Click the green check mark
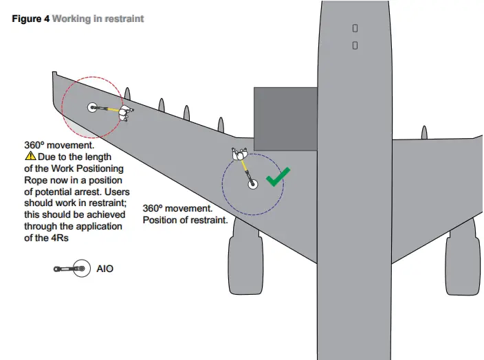pyautogui.click(x=278, y=177)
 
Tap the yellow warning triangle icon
pyautogui.click(x=30, y=157)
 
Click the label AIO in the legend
pyautogui.click(x=105, y=269)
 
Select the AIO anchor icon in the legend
pyautogui.click(x=71, y=269)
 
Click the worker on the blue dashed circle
pyautogui.click(x=239, y=157)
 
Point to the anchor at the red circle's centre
pyautogui.click(x=93, y=107)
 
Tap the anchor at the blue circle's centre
pyautogui.click(x=252, y=184)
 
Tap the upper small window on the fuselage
pyautogui.click(x=355, y=28)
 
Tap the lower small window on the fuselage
pyautogui.click(x=355, y=45)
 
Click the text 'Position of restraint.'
pyautogui.click(x=185, y=220)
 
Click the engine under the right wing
pyautogui.click(x=463, y=262)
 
